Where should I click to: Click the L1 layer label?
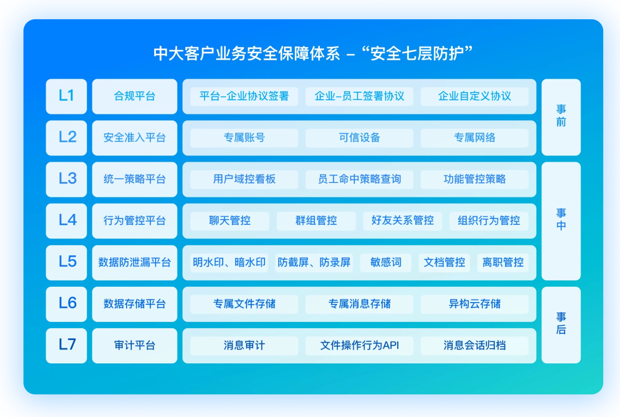point(67,96)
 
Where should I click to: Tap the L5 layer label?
point(67,263)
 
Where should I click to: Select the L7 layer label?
point(67,345)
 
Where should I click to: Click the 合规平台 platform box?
point(134,96)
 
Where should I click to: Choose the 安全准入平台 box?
point(134,138)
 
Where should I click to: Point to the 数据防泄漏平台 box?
point(134,263)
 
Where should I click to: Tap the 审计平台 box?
point(134,345)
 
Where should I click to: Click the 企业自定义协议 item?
point(474,96)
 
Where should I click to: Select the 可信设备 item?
point(359,138)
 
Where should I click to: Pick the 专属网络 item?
point(474,138)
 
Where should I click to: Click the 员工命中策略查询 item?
point(359,179)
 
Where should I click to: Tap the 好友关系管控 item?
point(403,221)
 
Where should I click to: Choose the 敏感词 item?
point(385,263)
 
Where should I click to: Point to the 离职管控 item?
point(503,263)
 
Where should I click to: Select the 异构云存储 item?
point(474,304)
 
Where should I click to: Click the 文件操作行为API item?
point(359,345)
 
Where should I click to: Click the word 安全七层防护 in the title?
point(417,54)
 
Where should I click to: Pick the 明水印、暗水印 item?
point(229,263)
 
